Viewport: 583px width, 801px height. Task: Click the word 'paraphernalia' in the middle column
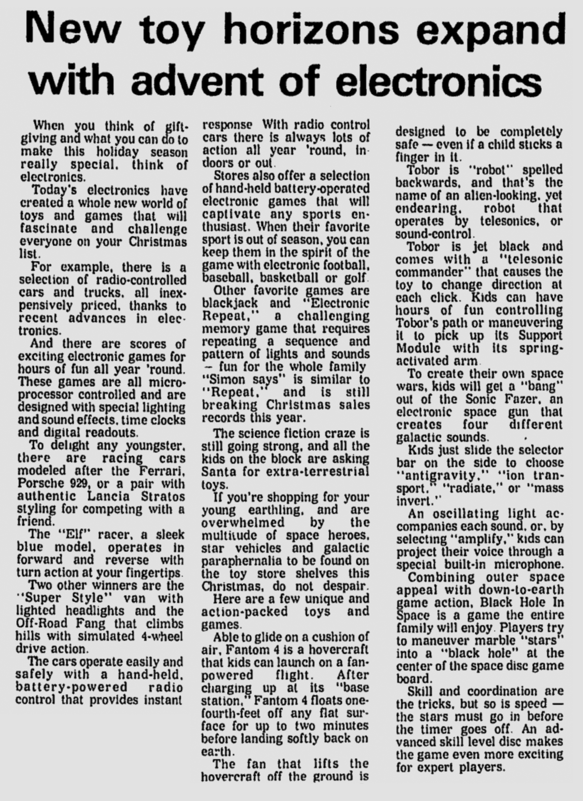pyautogui.click(x=242, y=561)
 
